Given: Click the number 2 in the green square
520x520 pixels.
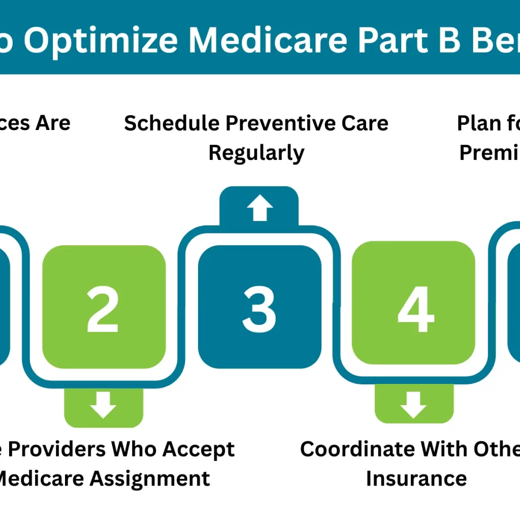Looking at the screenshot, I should click(103, 310).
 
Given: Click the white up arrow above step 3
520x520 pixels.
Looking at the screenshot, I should click(259, 209).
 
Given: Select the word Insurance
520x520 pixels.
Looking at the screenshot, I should click(416, 478).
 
